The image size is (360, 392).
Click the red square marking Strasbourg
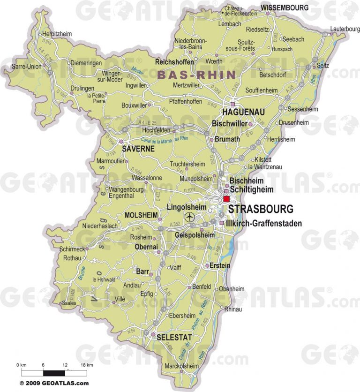(226, 199)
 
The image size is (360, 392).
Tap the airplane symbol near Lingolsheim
(189, 217)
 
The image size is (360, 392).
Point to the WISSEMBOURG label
(285, 8)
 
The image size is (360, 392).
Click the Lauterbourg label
(345, 29)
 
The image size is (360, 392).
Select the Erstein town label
(220, 265)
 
